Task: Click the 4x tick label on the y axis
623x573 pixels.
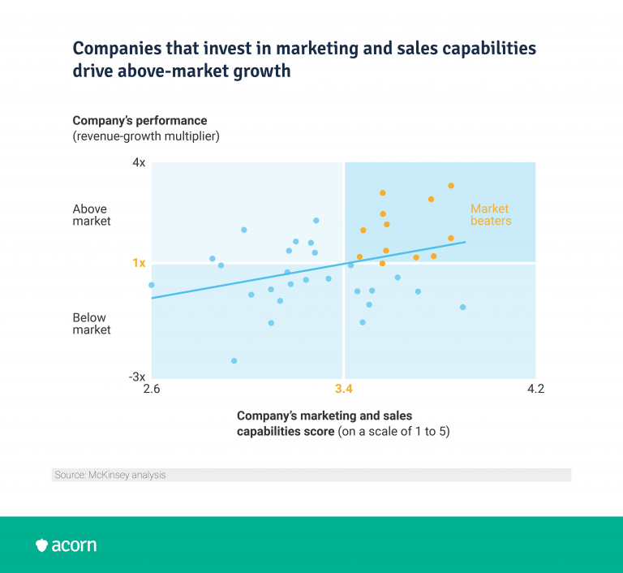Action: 139,163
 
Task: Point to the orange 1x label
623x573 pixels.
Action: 139,263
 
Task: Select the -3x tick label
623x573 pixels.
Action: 137,377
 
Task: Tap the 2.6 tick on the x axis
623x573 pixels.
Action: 151,389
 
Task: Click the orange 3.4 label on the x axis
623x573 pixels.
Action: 343,389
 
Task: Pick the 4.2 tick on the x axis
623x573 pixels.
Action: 535,389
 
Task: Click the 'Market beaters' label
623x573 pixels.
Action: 491,214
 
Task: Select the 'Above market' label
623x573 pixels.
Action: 92,214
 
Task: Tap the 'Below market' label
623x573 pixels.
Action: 92,324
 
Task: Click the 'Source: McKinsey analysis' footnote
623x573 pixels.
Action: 110,475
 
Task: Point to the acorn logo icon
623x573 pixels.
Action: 42,545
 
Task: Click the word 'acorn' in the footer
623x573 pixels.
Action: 75,545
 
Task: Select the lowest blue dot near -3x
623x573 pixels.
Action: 234,361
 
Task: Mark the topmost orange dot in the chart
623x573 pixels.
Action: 451,186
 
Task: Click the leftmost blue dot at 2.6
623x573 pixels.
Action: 152,285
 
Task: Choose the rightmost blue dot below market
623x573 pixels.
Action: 462,308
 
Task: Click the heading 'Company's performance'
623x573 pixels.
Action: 140,121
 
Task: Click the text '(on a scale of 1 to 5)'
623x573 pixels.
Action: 393,432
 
